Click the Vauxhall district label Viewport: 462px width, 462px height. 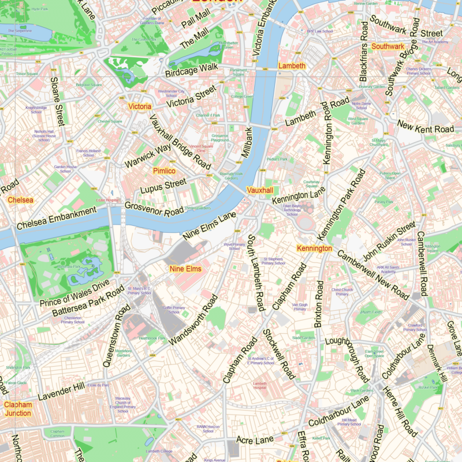pyautogui.click(x=259, y=190)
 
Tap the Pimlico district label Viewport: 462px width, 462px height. pyautogui.click(x=164, y=171)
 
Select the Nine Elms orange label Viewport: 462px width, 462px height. pyautogui.click(x=185, y=269)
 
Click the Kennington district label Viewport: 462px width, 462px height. pyautogui.click(x=314, y=248)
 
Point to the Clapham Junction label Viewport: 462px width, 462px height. pyautogui.click(x=17, y=409)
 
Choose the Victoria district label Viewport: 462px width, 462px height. pyautogui.click(x=139, y=107)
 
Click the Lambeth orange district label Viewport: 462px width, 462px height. pyautogui.click(x=292, y=66)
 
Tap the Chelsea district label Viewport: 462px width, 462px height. pyautogui.click(x=20, y=200)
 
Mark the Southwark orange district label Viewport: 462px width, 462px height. pyautogui.click(x=388, y=46)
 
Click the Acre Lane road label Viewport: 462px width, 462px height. pyautogui.click(x=255, y=441)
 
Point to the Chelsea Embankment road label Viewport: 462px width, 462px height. pyautogui.click(x=56, y=218)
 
